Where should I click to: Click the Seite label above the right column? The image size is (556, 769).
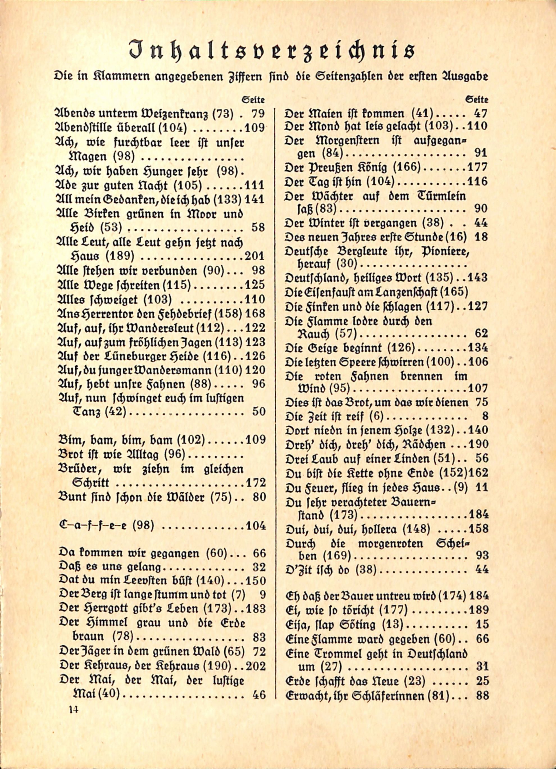tap(477, 100)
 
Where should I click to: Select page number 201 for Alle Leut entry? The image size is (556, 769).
tap(254, 256)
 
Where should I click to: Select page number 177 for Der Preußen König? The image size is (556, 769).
tap(477, 167)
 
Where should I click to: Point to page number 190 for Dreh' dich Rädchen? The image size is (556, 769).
tap(477, 444)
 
